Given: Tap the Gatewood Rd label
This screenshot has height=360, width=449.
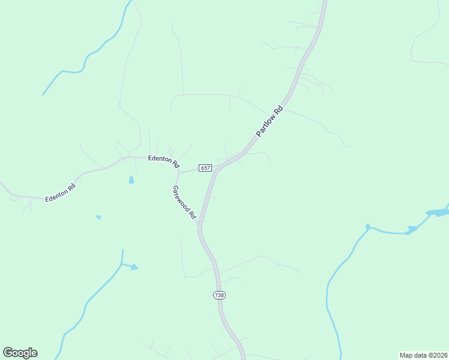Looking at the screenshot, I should (184, 202).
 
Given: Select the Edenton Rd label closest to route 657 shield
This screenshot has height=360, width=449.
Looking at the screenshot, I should (164, 160).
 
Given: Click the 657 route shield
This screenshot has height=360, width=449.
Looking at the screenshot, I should (205, 169).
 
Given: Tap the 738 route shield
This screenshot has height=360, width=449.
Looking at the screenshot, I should (220, 295).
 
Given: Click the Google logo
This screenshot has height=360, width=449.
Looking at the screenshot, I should (20, 353).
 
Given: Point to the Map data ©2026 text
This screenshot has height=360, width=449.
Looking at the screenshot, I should (423, 355).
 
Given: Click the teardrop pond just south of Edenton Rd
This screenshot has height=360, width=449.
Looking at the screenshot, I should (131, 179).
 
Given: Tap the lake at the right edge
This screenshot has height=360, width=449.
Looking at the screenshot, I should (438, 212).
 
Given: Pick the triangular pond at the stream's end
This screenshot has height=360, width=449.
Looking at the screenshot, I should (134, 266).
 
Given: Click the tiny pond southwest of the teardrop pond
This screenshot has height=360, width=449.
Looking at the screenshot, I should (98, 217).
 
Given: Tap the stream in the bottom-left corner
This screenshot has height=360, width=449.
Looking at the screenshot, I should (90, 300).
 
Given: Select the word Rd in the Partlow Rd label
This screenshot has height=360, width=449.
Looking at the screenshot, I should (277, 112).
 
